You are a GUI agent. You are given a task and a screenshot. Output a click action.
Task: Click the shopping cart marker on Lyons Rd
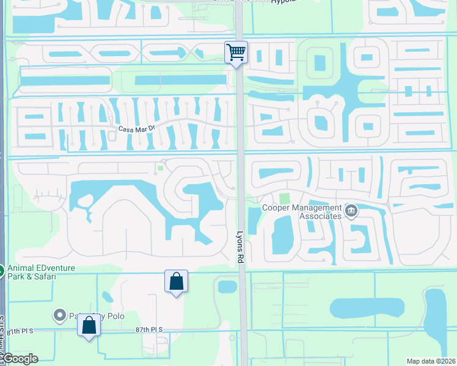[236, 52]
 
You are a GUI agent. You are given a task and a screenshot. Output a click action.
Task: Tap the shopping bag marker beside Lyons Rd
[176, 281]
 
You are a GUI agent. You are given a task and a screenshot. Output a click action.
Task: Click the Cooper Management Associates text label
[301, 212]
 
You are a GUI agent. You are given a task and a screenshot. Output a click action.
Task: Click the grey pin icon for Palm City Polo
[60, 315]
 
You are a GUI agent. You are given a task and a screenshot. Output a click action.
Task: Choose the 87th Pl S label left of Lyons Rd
[149, 329]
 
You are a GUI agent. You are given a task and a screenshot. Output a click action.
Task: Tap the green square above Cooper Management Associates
[284, 198]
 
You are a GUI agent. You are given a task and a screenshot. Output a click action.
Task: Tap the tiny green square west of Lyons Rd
[161, 168]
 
